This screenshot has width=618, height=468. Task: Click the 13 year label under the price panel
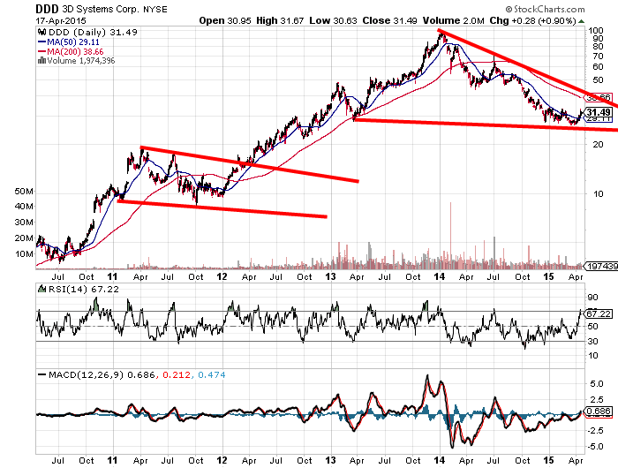pos(330,276)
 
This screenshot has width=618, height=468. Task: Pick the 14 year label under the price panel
pos(440,276)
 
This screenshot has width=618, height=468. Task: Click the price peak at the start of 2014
pos(440,33)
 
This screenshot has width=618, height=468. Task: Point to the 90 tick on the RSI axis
pos(593,298)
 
